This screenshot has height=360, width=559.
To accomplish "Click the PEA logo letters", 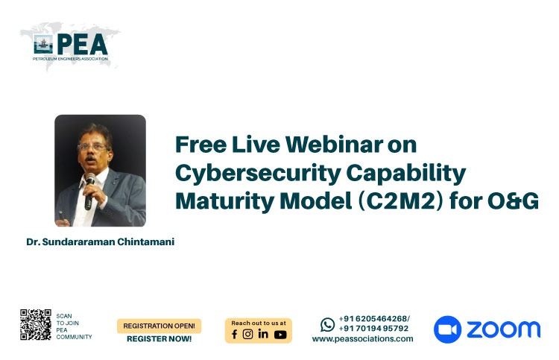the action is click(82, 44).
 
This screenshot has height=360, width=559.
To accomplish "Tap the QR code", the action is click(36, 325).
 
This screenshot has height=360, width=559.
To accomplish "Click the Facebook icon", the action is click(235, 335).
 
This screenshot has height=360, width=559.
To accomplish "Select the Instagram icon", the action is click(247, 334).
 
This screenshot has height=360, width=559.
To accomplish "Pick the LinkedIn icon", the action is click(263, 334).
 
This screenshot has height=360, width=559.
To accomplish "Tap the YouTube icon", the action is click(280, 335).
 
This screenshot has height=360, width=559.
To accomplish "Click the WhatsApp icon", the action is click(328, 325).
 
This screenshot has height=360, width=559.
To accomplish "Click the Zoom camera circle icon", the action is click(447, 329).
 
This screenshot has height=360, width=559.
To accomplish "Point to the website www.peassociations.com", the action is click(362, 339).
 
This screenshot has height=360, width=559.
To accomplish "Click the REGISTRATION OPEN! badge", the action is click(159, 326).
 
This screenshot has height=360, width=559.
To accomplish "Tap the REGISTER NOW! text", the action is click(159, 339).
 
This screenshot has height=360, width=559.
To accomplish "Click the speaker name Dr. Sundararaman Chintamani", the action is click(101, 242).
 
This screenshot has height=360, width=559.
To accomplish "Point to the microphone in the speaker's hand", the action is click(89, 191).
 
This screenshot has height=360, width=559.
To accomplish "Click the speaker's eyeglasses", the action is click(92, 147).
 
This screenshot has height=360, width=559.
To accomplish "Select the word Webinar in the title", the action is click(334, 145).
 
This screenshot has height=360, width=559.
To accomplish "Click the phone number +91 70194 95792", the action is click(373, 329).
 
